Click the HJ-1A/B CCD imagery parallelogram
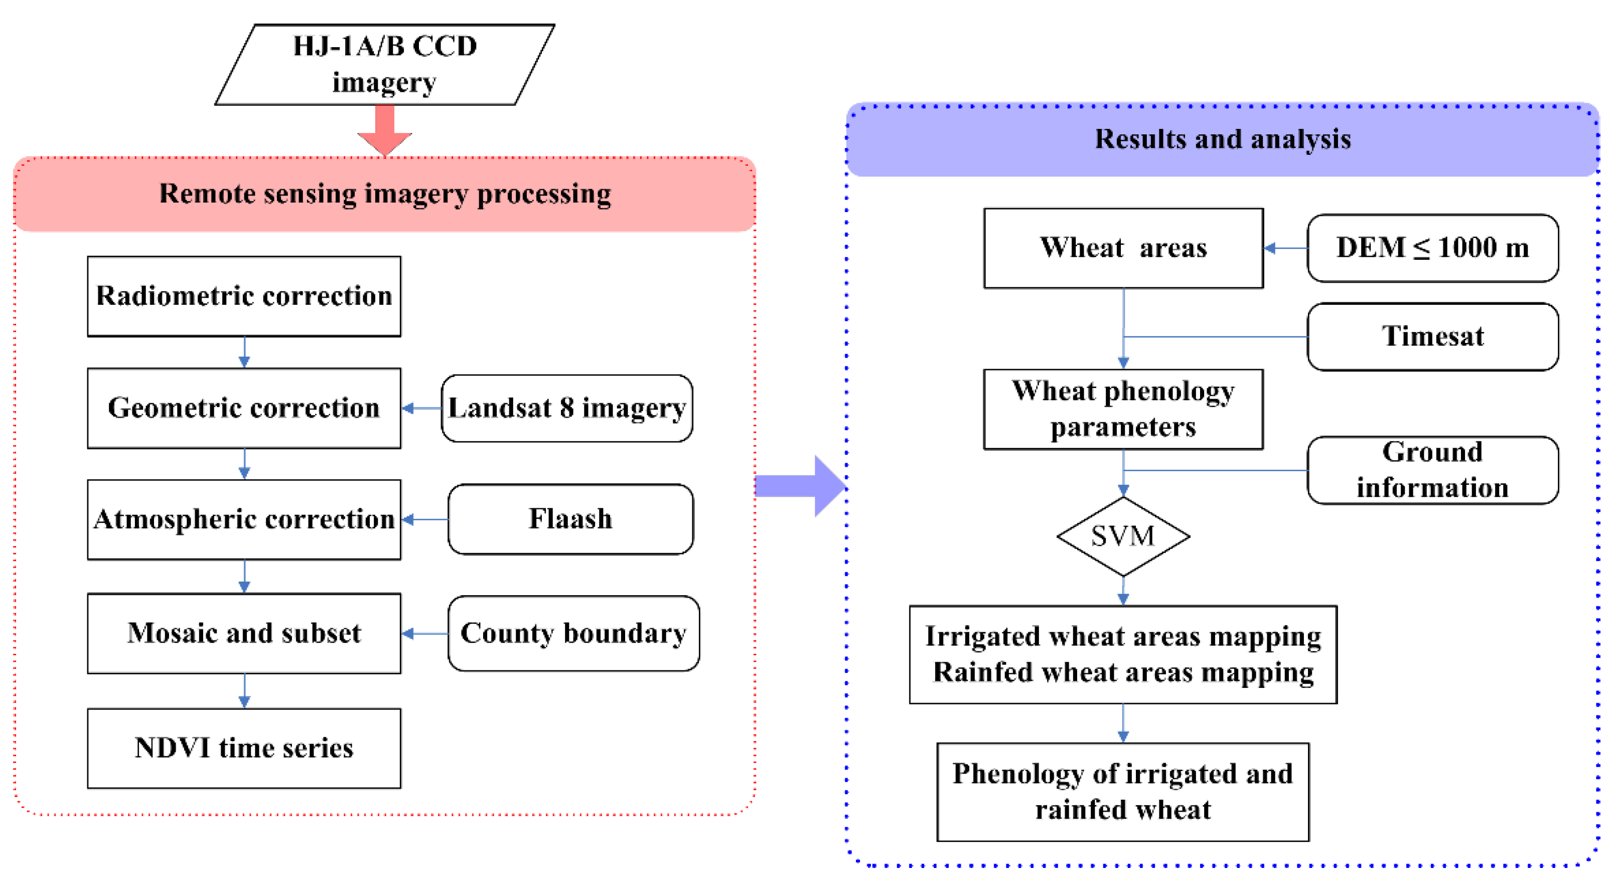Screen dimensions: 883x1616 (384, 65)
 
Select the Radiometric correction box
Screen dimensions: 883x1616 (244, 296)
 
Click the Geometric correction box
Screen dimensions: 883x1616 (244, 408)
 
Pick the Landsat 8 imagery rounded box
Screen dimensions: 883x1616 (566, 408)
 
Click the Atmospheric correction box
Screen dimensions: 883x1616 (244, 519)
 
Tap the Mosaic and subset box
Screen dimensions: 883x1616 (244, 633)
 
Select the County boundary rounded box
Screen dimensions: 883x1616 (573, 633)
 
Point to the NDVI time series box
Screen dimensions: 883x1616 (244, 748)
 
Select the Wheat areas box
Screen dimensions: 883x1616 (1123, 248)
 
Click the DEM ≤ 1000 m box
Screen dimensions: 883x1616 (1432, 248)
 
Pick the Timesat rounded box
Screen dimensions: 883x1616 (1432, 337)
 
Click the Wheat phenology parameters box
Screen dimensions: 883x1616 (1123, 409)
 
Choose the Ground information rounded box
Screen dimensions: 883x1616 (1432, 470)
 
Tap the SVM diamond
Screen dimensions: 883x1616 (1123, 536)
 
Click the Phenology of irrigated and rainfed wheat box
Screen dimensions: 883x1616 (1122, 791)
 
